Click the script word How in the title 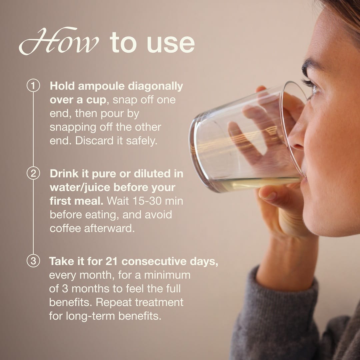(59, 41)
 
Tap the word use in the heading (170, 43)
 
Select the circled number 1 (33, 86)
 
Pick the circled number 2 (33, 173)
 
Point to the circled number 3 (33, 261)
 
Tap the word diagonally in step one (155, 87)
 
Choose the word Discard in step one (94, 141)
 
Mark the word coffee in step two (65, 228)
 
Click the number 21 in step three (112, 261)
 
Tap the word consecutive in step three (154, 261)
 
